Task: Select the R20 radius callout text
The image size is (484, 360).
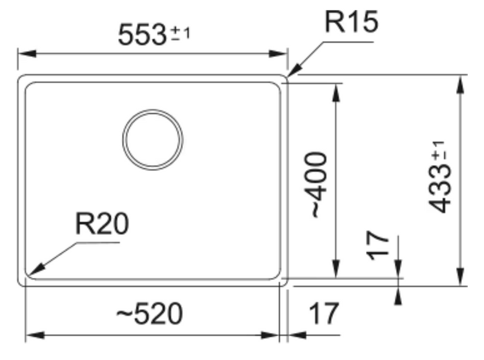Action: [101, 224]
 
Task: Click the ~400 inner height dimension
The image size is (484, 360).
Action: [318, 183]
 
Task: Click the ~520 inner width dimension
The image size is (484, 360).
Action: [150, 314]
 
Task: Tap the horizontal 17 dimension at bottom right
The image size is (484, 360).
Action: [322, 314]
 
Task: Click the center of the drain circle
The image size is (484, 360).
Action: [153, 139]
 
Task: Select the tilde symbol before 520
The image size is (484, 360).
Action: [124, 314]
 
